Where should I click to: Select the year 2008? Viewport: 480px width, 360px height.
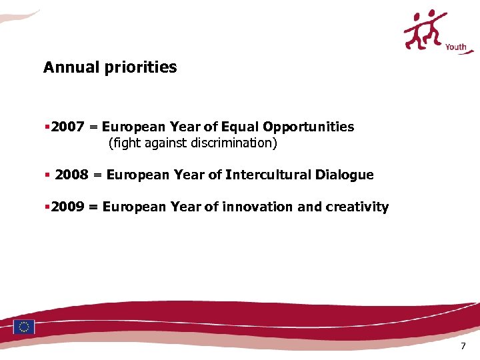click(71, 175)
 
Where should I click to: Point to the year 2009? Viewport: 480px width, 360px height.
click(67, 207)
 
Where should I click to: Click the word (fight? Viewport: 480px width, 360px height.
click(123, 143)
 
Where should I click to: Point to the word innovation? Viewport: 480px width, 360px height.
click(257, 207)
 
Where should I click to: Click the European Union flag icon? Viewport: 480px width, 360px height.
click(25, 326)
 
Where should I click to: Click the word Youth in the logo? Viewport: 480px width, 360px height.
click(456, 47)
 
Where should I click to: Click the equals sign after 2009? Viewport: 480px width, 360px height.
click(93, 207)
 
